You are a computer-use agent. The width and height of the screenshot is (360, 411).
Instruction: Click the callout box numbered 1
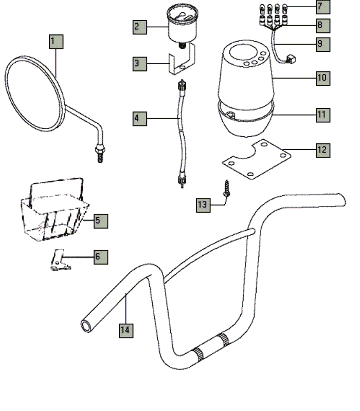(x=56, y=41)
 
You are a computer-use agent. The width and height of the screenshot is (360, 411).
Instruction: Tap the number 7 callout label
(x=323, y=7)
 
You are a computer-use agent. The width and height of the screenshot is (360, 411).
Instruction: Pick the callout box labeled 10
(x=323, y=78)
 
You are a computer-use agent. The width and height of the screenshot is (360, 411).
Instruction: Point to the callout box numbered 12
(x=323, y=150)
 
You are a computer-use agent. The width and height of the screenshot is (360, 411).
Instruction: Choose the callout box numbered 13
(x=203, y=204)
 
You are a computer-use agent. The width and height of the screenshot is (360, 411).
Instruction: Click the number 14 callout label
(x=125, y=330)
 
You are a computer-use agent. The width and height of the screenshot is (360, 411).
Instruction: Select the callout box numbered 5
(x=101, y=221)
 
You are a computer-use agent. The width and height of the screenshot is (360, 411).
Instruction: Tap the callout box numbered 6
(x=101, y=256)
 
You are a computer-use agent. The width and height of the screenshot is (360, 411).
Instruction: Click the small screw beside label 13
(x=226, y=189)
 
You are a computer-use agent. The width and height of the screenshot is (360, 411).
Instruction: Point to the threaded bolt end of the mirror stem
(x=100, y=153)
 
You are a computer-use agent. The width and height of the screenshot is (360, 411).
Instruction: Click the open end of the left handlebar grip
(x=86, y=326)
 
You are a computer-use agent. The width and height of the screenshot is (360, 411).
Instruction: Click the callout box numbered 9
(x=323, y=43)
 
